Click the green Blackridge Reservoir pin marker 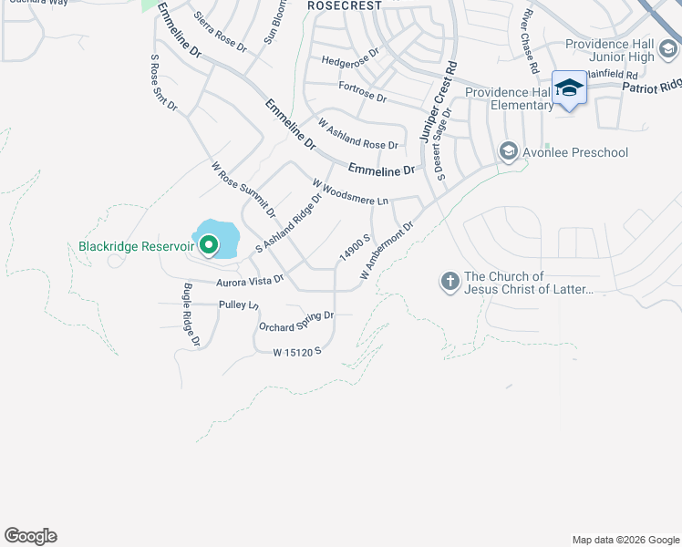tap(209, 245)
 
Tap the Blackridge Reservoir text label tap(136, 246)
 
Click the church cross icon tap(449, 283)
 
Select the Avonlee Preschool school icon tap(508, 151)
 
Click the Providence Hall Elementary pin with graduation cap tap(569, 88)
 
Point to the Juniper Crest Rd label tap(437, 101)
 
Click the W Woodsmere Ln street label tap(350, 192)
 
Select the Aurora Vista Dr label tap(250, 281)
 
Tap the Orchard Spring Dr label tap(296, 321)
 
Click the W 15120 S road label tap(297, 351)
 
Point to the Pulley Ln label tap(240, 303)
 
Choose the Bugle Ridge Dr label tap(191, 314)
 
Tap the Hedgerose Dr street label tap(349, 60)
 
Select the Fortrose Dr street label tap(362, 92)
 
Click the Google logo tap(30, 536)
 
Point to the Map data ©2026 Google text tap(625, 540)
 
